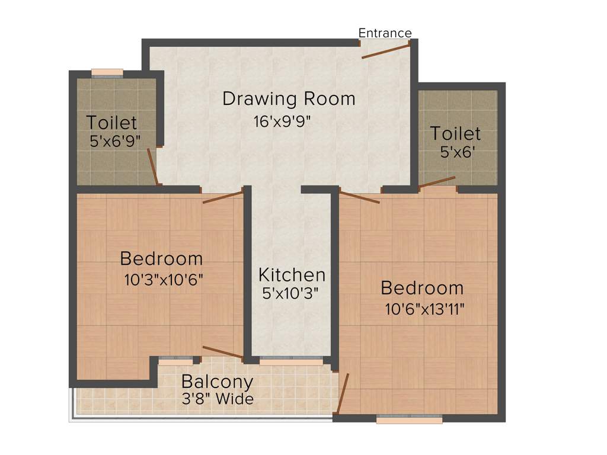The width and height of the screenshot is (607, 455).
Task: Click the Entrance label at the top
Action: click(385, 33)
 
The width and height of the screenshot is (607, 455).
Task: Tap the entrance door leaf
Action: click(385, 50)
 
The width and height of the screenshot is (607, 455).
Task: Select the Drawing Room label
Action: click(289, 98)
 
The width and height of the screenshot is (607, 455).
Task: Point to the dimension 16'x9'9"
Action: click(282, 122)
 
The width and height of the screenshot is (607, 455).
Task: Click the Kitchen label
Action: click(292, 275)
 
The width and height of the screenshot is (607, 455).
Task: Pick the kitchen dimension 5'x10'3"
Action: click(291, 292)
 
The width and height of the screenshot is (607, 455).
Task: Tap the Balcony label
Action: click(217, 382)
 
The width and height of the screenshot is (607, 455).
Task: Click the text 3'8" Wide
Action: click(218, 399)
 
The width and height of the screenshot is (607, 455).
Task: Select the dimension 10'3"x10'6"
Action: click(164, 278)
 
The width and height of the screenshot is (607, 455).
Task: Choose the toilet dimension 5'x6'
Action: click(458, 152)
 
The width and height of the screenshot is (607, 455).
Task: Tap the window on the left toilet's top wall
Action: click(107, 73)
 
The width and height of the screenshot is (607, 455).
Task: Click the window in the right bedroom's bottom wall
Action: click(410, 419)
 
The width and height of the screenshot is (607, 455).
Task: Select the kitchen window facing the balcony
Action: click(291, 360)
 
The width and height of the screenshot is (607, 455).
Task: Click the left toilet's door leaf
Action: click(153, 166)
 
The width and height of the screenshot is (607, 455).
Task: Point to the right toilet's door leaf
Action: click(437, 181)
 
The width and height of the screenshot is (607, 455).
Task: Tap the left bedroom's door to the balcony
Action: click(222, 352)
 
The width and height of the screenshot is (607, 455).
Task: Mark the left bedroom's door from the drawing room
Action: click(223, 197)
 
